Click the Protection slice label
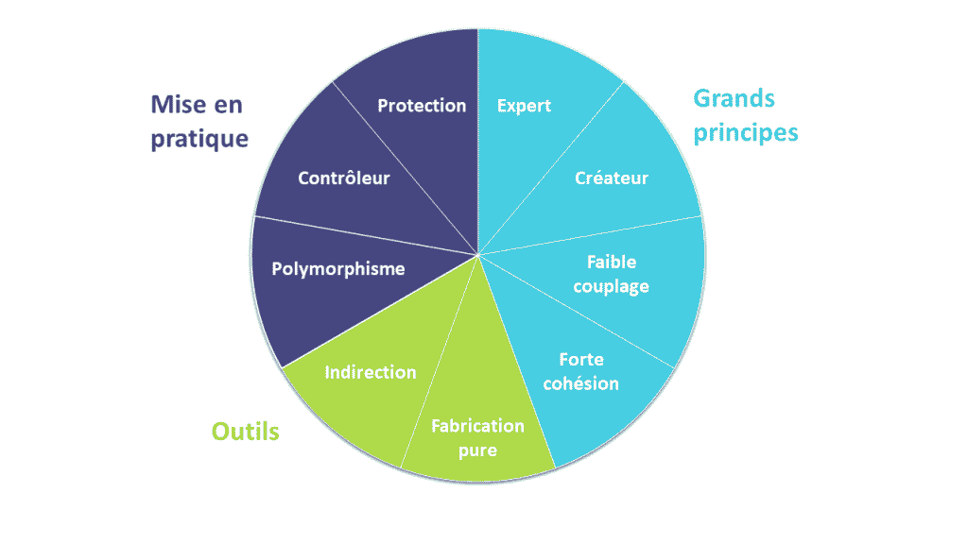pos(422,106)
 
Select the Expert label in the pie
pos(524,106)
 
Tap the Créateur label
pos(612,178)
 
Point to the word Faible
pos(612,262)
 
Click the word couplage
pos(611,287)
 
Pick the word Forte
pos(581,359)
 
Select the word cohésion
pos(580,383)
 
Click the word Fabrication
pos(477,426)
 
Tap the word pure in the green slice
pos(477,450)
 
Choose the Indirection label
pos(371,372)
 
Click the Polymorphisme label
pos(338,269)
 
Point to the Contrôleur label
pos(344,178)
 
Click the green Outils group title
pos(245,431)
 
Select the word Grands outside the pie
pos(734,98)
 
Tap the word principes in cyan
pos(745,133)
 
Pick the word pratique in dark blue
pos(199,140)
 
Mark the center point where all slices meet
pos(477,255)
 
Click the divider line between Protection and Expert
pos(477,142)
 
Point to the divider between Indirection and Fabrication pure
pos(439,362)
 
